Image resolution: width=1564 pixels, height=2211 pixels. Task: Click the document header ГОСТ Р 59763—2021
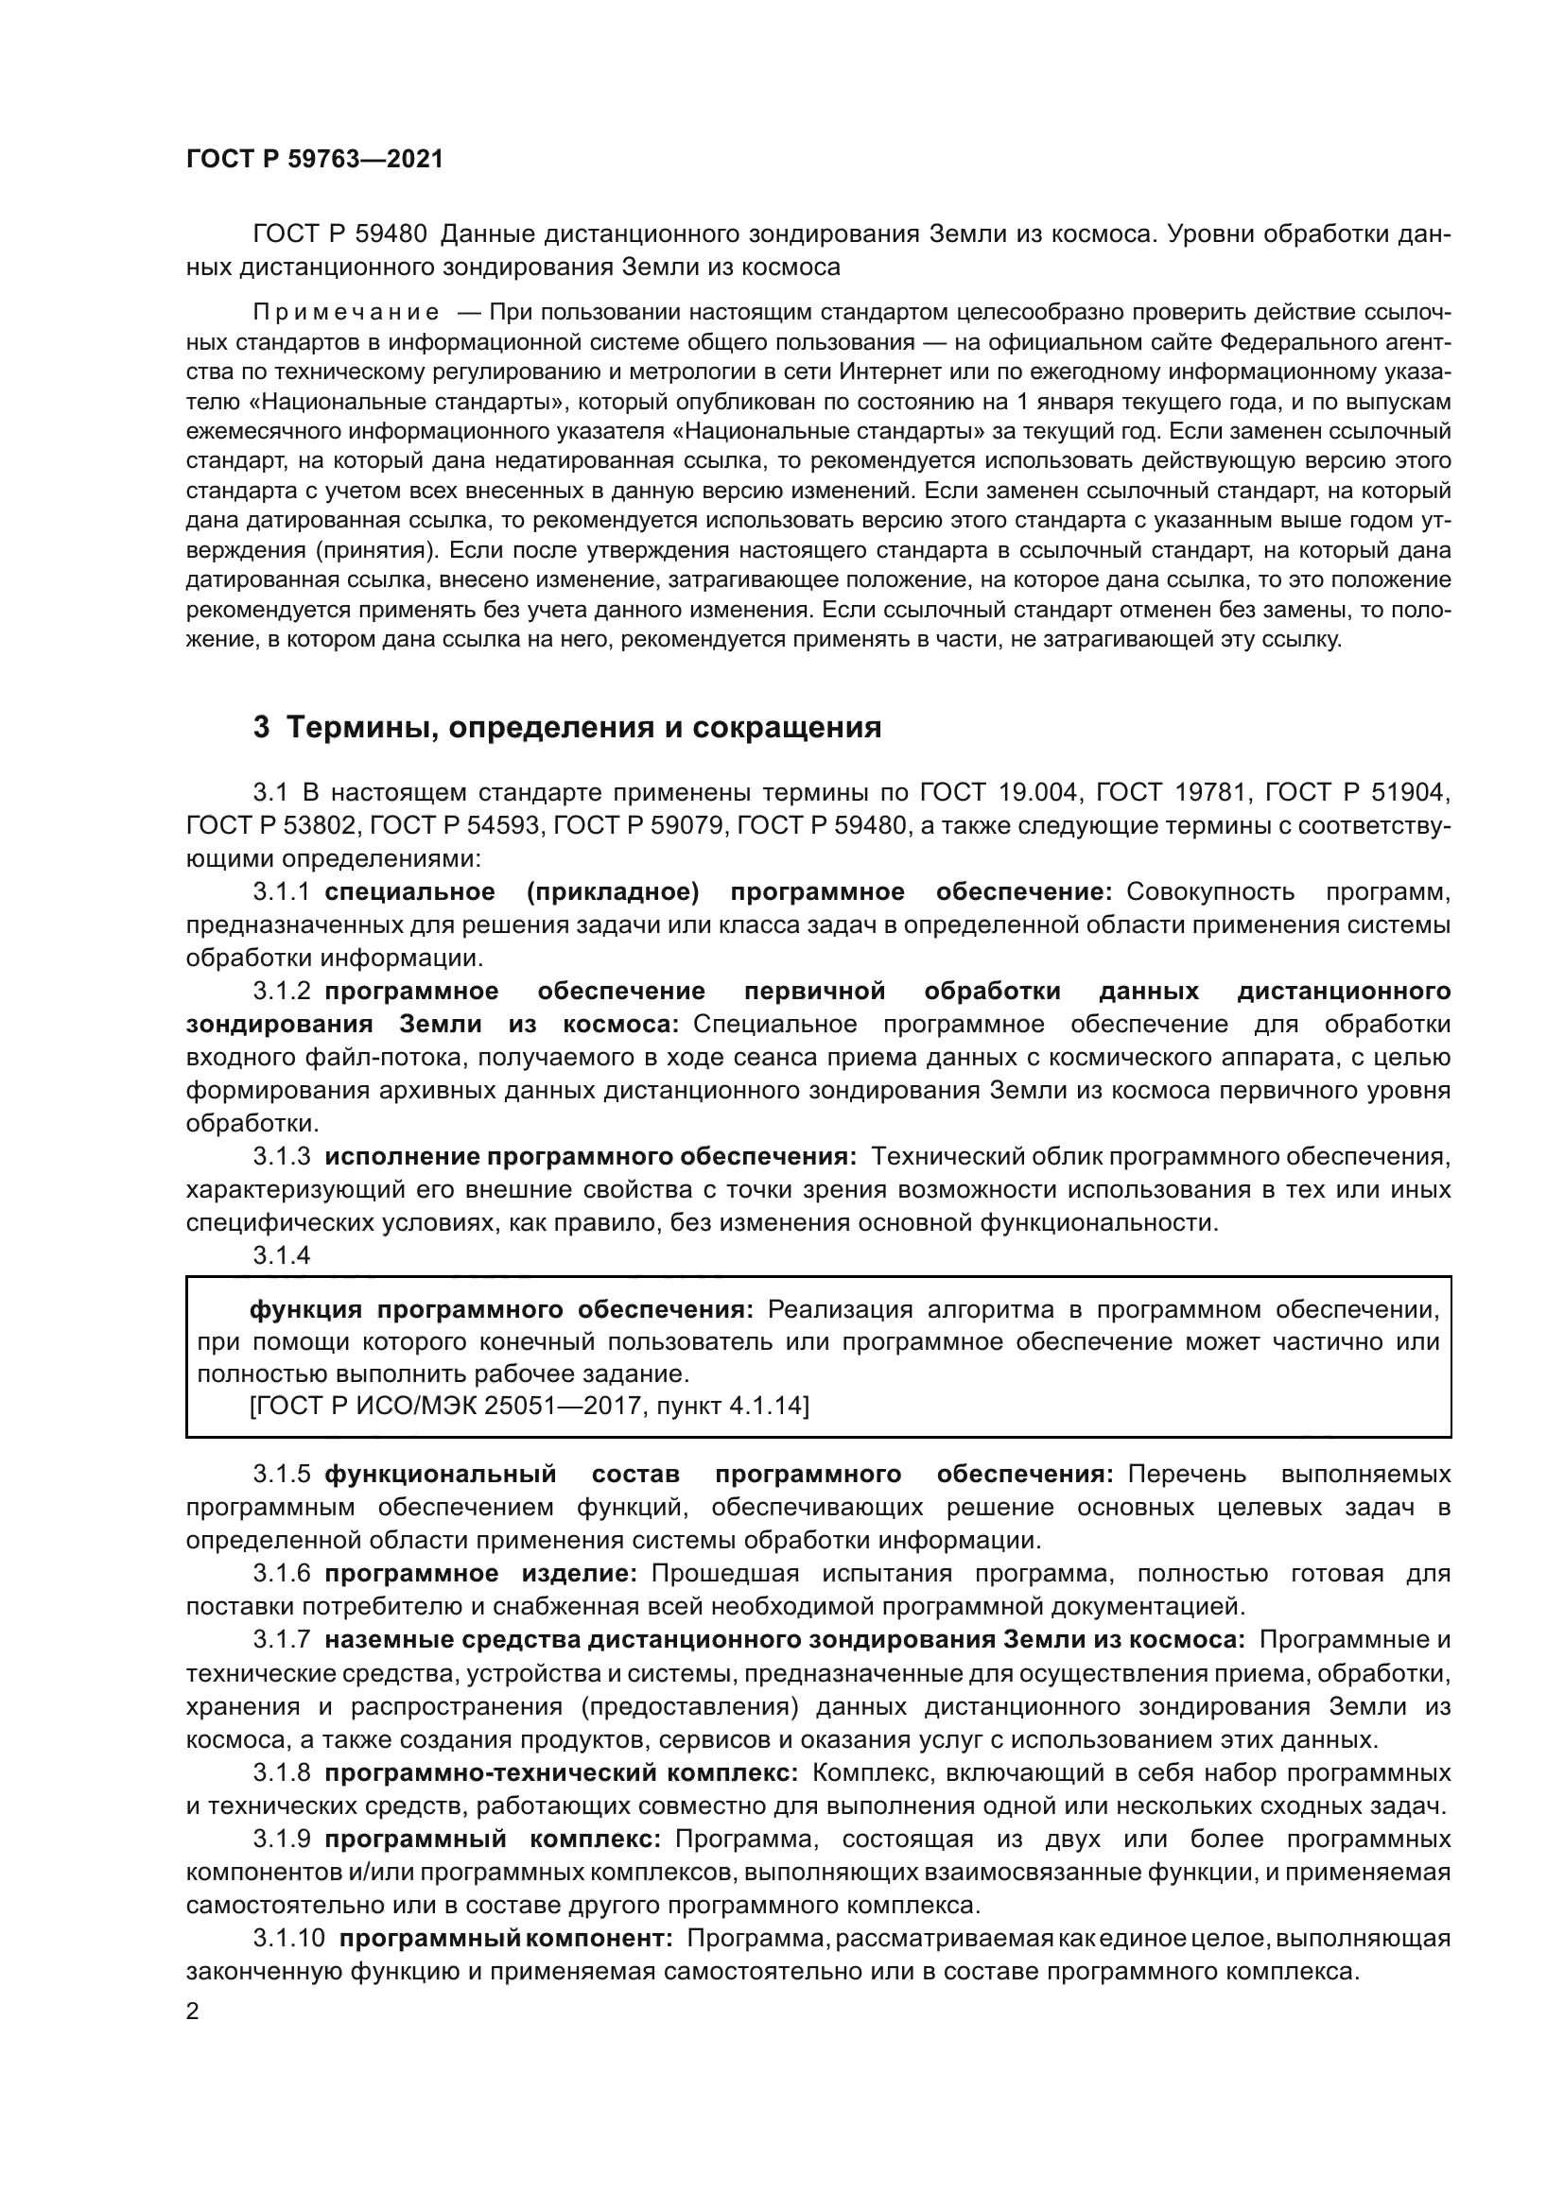315,160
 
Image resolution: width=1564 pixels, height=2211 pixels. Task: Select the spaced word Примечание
347,313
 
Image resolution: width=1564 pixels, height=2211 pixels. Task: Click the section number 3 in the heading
261,727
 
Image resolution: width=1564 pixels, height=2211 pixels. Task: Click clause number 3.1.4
281,1255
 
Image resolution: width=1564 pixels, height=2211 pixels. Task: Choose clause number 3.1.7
281,1640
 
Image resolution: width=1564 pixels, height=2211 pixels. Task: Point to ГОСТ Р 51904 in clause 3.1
1356,793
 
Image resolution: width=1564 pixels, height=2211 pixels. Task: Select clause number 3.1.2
281,991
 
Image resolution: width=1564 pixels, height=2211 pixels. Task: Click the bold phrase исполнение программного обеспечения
589,1156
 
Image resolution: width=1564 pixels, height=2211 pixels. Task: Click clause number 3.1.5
281,1475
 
